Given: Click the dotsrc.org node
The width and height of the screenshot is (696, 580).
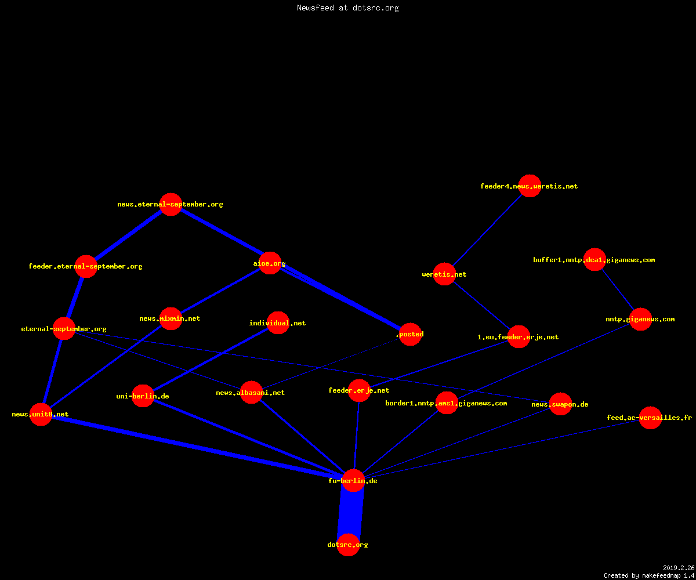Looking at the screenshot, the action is [x=348, y=545].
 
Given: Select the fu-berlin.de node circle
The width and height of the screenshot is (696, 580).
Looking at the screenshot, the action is [x=353, y=480].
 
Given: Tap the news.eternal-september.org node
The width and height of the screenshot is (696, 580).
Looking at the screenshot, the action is [x=171, y=204].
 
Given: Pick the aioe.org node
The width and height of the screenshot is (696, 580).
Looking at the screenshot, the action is [x=270, y=263].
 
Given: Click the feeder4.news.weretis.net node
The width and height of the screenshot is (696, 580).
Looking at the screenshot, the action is [x=530, y=186].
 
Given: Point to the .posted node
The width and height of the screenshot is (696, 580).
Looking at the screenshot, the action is [x=410, y=334].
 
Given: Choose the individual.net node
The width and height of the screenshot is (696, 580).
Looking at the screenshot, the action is [x=278, y=322].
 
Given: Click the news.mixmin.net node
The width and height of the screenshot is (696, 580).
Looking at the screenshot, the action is [x=171, y=318].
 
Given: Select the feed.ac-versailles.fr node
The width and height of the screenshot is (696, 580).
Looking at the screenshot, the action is [x=650, y=418].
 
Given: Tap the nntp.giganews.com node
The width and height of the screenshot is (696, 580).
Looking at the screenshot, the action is [x=640, y=319].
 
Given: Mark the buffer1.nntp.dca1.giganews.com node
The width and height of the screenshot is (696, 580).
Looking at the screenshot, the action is [x=594, y=259].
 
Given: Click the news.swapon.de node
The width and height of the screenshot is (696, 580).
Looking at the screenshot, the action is [x=560, y=404].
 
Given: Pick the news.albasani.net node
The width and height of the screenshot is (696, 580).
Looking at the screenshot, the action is [x=251, y=392].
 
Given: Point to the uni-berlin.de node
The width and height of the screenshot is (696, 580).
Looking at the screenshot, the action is [x=143, y=396].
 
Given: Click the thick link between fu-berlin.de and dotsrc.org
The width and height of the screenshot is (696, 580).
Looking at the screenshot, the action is [x=351, y=513].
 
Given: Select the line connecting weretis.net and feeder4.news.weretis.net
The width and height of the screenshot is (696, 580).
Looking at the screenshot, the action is [x=487, y=230].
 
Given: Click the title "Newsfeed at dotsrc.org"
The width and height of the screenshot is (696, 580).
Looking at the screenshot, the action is [x=347, y=8].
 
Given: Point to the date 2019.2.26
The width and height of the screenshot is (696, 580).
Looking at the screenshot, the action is [x=679, y=568].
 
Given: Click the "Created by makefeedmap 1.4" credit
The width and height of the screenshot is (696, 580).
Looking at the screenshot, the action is [x=649, y=575].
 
